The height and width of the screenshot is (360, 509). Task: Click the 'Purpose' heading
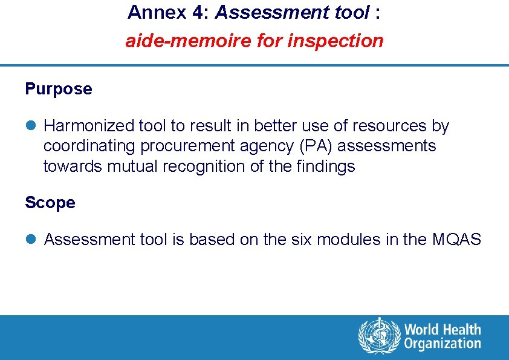(x=59, y=89)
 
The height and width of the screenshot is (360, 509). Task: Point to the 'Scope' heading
(x=50, y=203)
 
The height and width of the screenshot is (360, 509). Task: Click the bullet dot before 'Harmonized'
(x=30, y=126)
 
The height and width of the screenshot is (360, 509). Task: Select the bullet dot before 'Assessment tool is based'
(x=30, y=240)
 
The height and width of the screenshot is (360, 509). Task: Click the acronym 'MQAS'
(x=456, y=240)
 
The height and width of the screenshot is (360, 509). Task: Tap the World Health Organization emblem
(x=379, y=336)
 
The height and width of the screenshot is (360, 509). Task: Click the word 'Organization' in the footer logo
(x=443, y=344)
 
